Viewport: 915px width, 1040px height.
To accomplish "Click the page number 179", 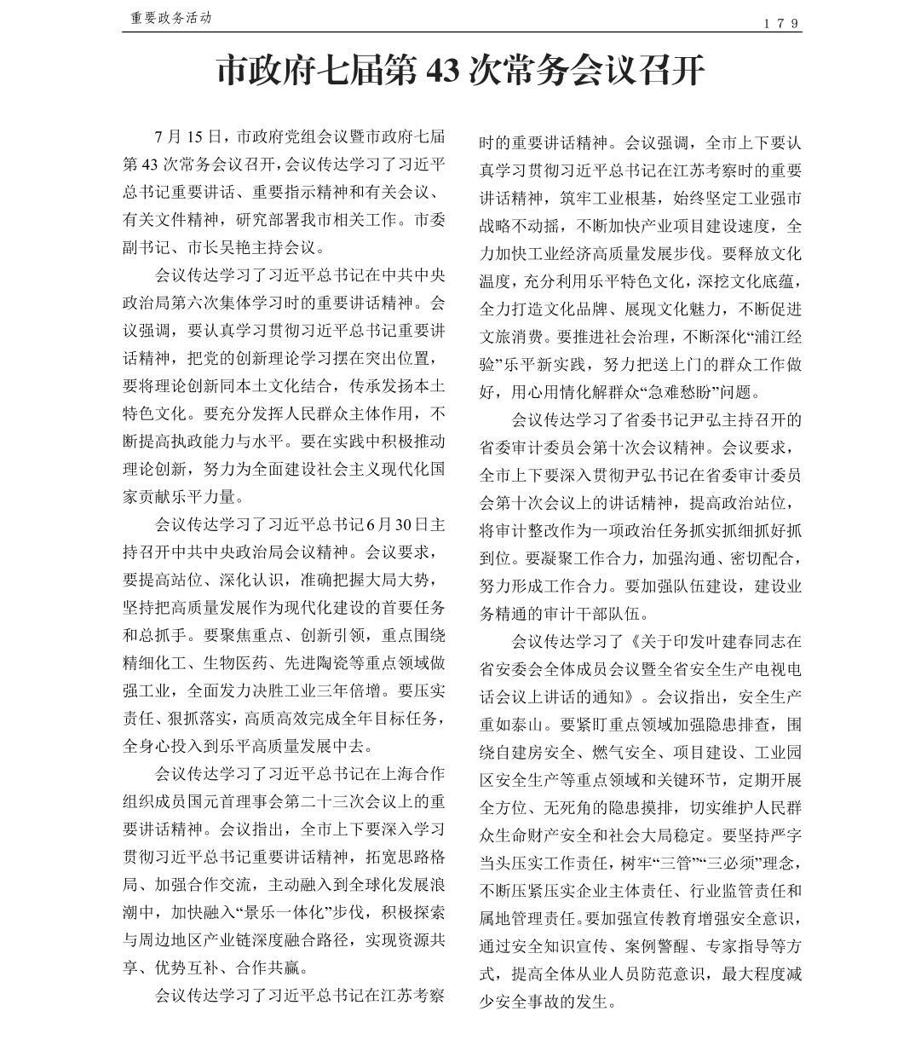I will [x=780, y=23].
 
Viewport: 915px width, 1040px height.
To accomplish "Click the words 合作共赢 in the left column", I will [x=268, y=968].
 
